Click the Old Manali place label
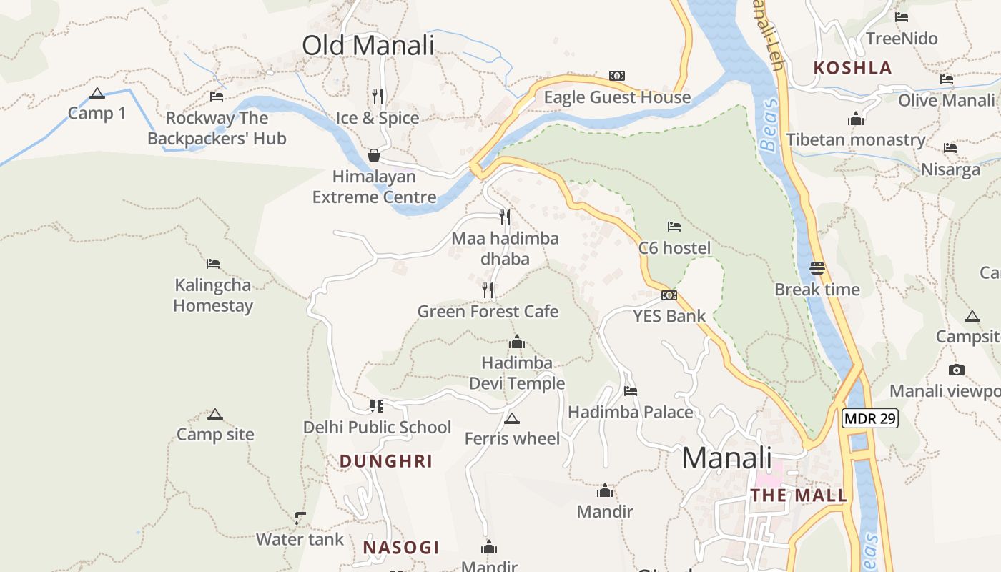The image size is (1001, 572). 368,45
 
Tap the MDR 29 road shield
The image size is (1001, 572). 869,418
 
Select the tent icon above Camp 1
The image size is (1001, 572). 97,93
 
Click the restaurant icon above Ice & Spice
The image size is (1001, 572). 378,96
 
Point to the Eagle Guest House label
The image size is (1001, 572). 617,97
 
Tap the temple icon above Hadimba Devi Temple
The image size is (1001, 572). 516,342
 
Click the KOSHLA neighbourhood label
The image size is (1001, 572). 853,68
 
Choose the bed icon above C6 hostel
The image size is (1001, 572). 674,227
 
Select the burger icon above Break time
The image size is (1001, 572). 818,268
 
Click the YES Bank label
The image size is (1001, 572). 669,316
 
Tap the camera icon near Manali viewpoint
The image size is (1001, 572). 957,370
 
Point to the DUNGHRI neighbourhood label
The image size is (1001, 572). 386,461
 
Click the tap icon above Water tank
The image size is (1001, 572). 300,518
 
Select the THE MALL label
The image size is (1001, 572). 799,495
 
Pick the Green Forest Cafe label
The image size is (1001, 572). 488,312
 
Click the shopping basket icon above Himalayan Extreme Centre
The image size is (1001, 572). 373,155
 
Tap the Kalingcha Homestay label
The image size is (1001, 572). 213,295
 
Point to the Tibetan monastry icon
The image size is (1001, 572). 856,119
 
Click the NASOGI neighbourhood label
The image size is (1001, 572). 400,548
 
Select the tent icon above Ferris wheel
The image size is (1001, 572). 511,418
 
